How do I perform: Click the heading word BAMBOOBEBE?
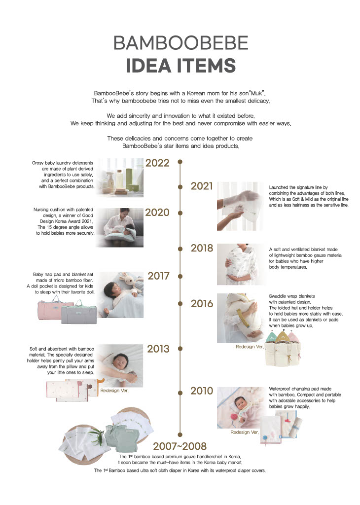coord(180,43)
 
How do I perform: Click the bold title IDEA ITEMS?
coord(180,66)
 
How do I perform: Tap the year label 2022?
coord(157,163)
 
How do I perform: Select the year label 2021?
coord(202,186)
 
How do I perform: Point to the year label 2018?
coord(202,248)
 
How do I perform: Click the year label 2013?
coord(158,349)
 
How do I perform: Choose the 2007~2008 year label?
coord(180,446)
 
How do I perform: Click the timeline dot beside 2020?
coord(180,213)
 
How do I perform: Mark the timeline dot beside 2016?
coord(180,303)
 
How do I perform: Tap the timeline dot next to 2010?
coord(180,392)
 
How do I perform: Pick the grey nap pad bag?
coord(78,312)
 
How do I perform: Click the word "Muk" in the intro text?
coord(256,93)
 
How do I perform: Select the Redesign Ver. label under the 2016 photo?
coord(250,347)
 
